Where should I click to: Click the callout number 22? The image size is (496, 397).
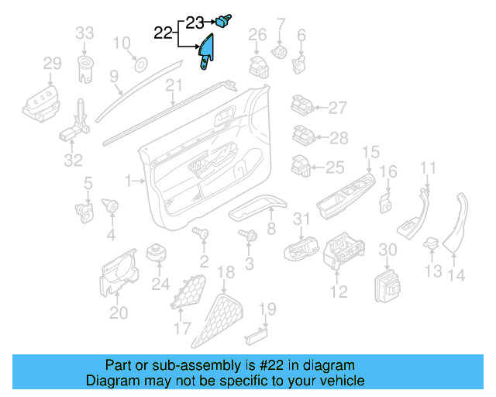point(164,33)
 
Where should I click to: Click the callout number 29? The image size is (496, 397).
point(52,63)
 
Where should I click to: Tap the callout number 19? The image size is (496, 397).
point(267,311)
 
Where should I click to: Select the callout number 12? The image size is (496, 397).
point(339,292)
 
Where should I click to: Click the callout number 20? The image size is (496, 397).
point(119,312)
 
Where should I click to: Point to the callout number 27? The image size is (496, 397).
point(337,108)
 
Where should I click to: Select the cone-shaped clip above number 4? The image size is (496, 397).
point(110,205)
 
